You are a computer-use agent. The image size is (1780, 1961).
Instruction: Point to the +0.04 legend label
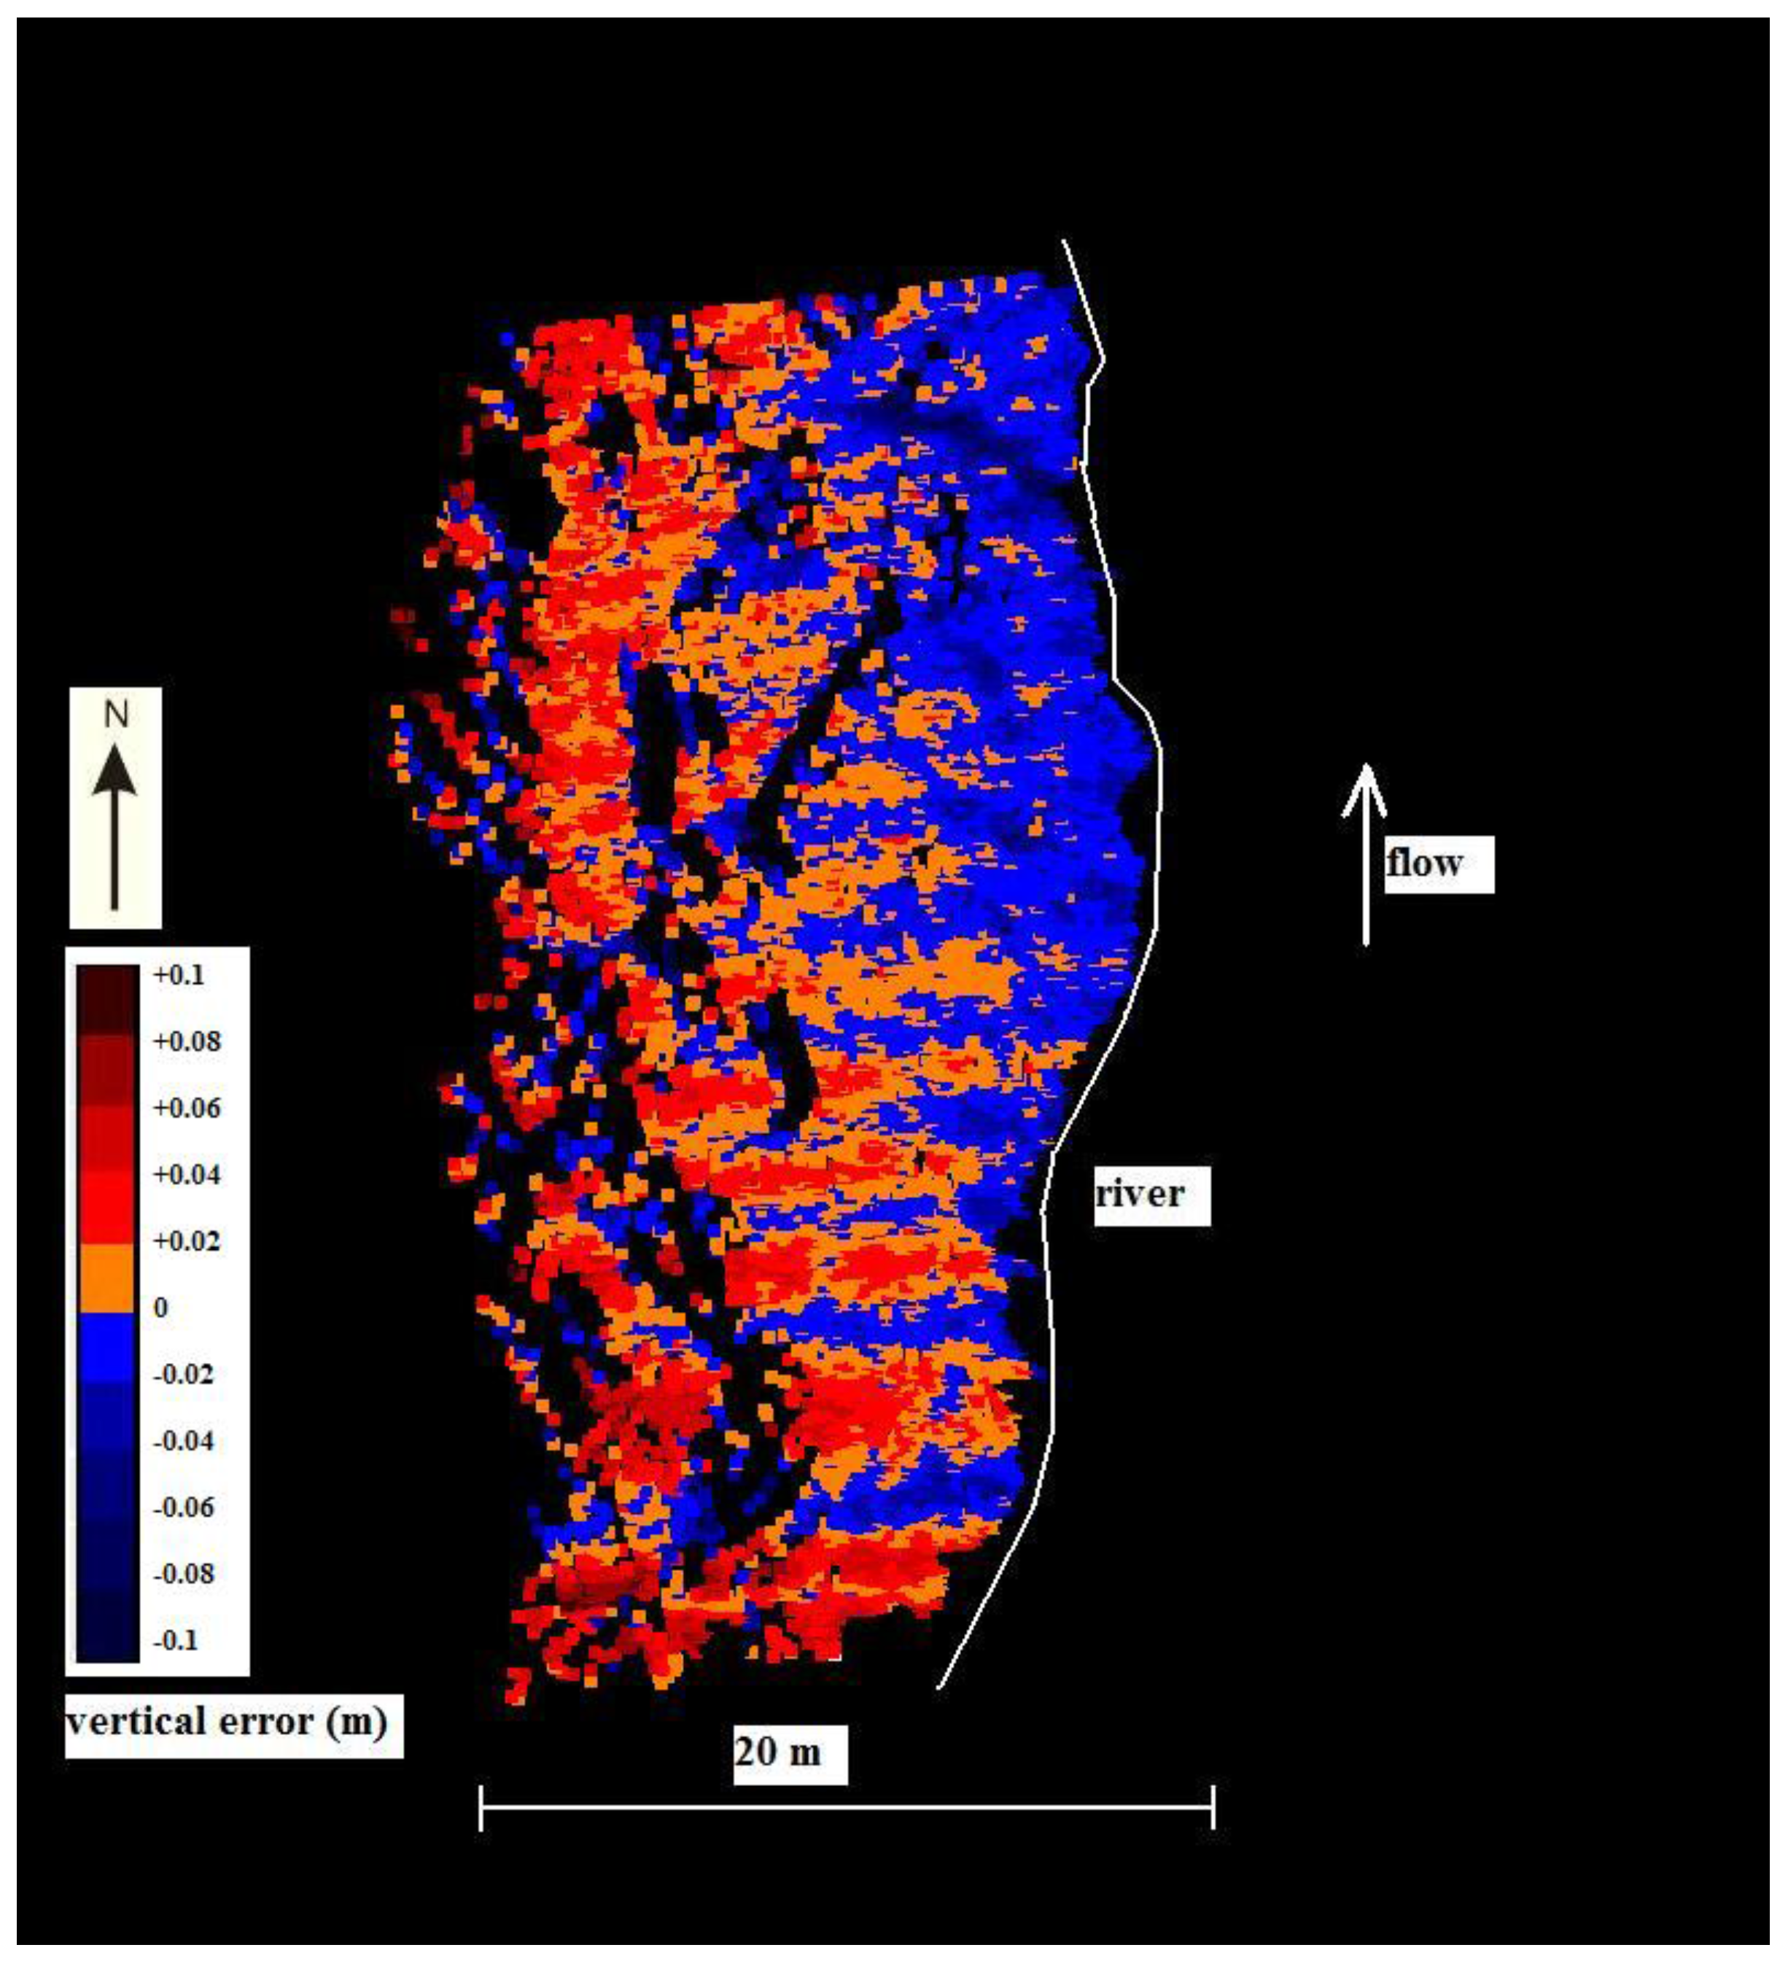click(x=187, y=1175)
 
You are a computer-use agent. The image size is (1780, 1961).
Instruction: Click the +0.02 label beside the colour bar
click(x=187, y=1242)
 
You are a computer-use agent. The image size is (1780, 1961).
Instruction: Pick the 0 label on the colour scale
click(x=160, y=1308)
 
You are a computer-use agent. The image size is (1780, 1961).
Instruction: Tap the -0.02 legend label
click(x=184, y=1375)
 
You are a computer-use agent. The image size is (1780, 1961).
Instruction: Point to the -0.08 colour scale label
click(x=184, y=1574)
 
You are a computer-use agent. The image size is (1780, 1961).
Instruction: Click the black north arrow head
click(x=116, y=773)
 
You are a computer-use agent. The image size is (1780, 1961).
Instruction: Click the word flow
click(x=1424, y=863)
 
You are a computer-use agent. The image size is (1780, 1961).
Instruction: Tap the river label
click(x=1139, y=1194)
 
